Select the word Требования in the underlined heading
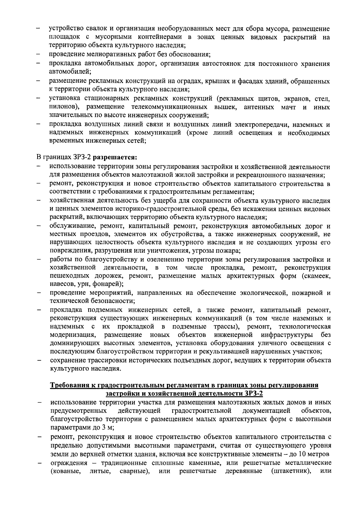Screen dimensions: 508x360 (67, 385)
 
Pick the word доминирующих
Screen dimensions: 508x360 (73, 343)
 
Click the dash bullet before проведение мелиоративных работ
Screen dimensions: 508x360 (39, 55)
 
